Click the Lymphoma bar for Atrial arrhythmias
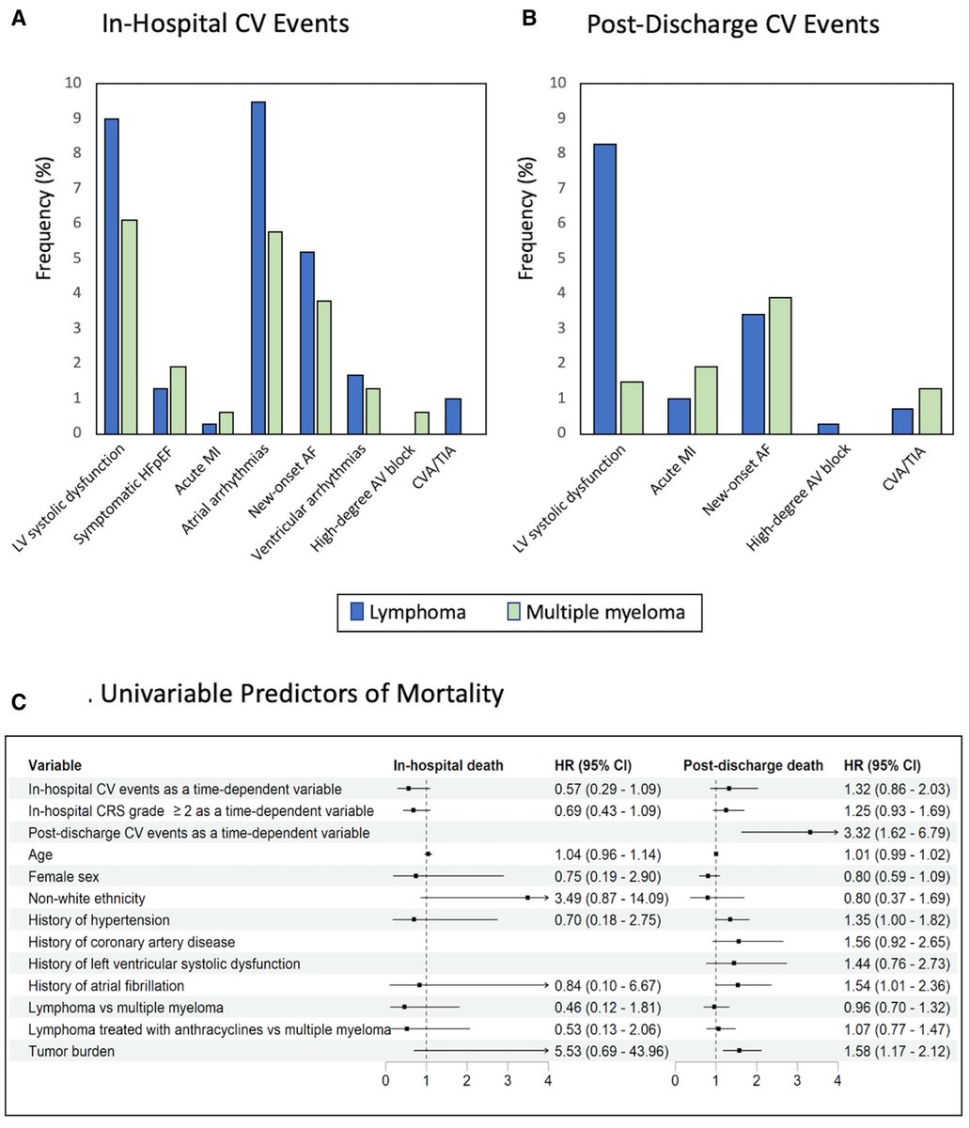click(258, 268)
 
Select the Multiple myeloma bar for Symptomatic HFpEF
click(178, 400)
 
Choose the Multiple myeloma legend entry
click(591, 613)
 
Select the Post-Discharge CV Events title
click(732, 24)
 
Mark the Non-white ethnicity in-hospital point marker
click(527, 898)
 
